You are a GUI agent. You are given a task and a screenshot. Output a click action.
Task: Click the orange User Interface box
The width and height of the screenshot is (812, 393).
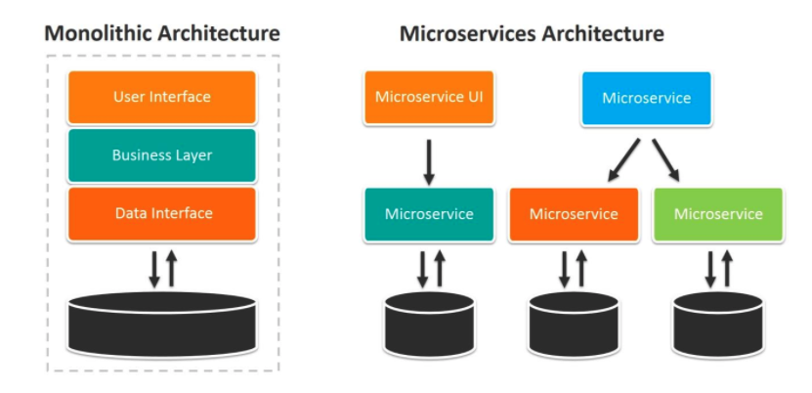162,97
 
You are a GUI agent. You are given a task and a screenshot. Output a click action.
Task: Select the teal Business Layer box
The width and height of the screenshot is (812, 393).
162,155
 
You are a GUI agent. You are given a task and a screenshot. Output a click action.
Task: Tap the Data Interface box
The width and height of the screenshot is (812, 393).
162,214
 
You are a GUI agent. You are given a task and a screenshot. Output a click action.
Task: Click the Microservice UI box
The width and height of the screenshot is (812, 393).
429,98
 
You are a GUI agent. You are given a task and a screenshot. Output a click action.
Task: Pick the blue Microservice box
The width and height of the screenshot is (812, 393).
646,99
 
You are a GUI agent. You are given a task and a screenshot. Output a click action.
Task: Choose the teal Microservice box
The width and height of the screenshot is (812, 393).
429,214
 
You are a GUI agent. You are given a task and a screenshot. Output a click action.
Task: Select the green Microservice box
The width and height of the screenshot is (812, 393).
718,214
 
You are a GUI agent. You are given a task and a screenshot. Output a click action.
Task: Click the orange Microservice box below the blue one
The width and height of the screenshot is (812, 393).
574,214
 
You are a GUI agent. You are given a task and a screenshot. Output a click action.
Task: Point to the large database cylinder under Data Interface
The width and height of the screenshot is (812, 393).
162,324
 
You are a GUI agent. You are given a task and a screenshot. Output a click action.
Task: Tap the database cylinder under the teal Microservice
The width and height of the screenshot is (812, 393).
429,325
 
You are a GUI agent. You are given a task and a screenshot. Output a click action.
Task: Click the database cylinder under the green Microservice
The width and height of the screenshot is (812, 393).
718,325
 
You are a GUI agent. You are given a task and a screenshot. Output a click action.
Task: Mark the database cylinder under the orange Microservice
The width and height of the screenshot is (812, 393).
574,325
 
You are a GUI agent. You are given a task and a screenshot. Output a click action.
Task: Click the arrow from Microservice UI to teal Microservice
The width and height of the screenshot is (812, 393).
429,162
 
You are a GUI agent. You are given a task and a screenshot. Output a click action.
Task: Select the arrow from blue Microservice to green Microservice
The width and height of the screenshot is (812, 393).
665,160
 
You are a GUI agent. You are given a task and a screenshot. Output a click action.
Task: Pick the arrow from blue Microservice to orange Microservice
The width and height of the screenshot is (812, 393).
624,160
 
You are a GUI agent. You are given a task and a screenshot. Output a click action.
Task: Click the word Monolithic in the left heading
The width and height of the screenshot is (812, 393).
99,33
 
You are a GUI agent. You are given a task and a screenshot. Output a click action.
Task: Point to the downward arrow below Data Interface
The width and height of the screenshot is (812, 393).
154,269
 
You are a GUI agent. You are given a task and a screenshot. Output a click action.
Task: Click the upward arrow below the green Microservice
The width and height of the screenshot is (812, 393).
727,269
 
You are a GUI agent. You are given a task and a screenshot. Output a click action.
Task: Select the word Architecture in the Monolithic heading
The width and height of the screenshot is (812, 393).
219,33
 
